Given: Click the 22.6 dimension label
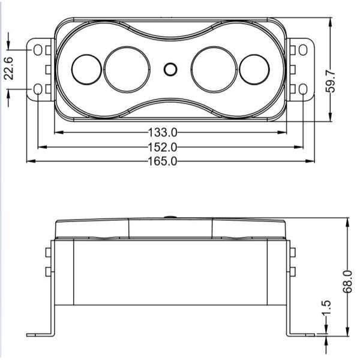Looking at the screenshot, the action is (9, 67).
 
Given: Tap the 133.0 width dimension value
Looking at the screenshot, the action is (161, 132).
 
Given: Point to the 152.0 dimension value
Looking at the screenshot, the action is (161, 147).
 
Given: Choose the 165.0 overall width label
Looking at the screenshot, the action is (161, 161).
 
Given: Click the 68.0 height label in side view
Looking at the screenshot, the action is (347, 282).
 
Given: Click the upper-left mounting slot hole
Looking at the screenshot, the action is (38, 49).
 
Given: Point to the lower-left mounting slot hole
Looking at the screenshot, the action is (38, 89).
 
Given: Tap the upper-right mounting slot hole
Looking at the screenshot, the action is (303, 49).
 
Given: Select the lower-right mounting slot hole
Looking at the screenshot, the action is (303, 89).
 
